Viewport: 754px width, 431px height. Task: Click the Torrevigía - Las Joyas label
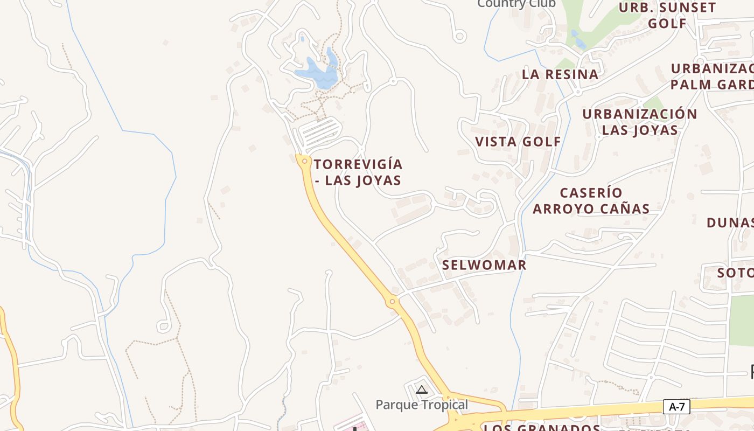[358, 172]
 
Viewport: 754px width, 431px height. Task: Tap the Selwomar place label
[484, 265]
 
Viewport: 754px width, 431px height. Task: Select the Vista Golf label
[518, 142]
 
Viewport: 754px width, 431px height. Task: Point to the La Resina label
[560, 74]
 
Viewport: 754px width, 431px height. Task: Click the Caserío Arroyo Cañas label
[591, 200]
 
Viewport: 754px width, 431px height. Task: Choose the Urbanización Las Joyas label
[640, 122]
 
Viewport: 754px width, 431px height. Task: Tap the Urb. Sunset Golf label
[667, 15]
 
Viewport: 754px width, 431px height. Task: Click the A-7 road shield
[676, 407]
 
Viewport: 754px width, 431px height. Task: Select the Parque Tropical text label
[422, 405]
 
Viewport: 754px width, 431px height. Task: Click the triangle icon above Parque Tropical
[422, 390]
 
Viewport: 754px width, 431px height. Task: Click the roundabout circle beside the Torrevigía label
[305, 161]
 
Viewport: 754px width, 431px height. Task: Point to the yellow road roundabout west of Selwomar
[392, 302]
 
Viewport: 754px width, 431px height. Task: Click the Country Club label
[516, 4]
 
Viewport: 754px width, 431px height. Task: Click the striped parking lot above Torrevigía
[319, 132]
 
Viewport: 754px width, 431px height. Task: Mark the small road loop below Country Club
[459, 37]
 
